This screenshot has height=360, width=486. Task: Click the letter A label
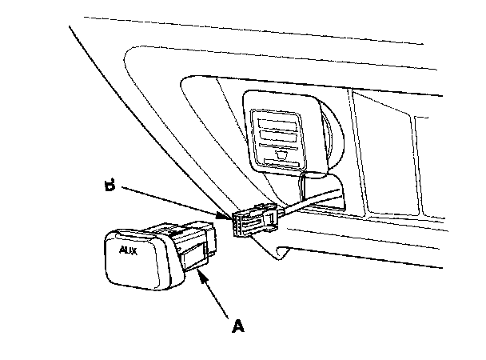point(237,326)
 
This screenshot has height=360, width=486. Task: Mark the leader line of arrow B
point(168,202)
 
